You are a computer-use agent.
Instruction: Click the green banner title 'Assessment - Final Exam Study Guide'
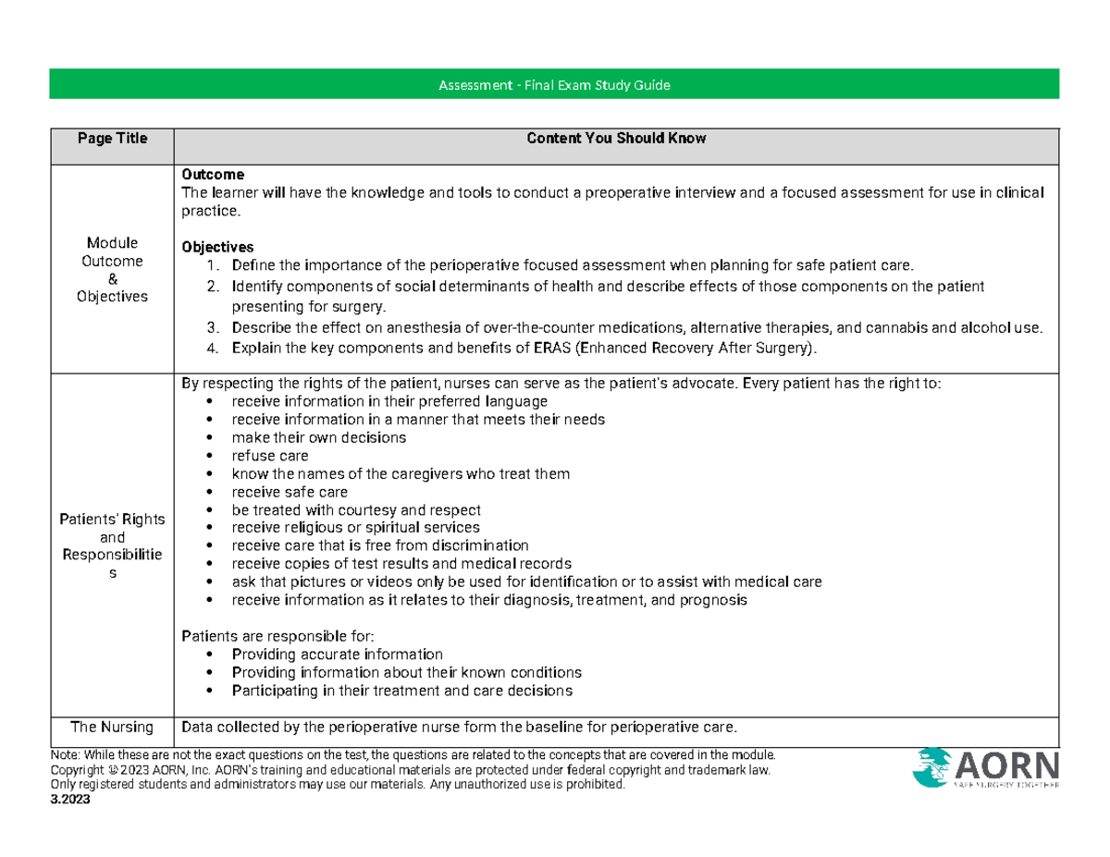(553, 86)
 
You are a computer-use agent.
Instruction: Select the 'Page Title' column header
(112, 139)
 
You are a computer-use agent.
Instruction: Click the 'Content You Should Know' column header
(616, 139)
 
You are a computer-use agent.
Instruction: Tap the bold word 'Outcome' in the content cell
(213, 174)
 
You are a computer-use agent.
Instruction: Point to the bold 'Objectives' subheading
(217, 248)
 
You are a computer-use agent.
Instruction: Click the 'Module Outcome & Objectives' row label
(112, 269)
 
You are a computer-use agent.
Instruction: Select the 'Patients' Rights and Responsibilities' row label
(112, 545)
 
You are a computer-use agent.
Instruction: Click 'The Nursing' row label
(112, 726)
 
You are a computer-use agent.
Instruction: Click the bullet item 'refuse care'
(270, 456)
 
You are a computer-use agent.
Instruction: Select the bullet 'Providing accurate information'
(337, 654)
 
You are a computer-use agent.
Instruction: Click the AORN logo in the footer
(985, 769)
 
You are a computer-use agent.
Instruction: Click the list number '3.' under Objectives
(213, 328)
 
